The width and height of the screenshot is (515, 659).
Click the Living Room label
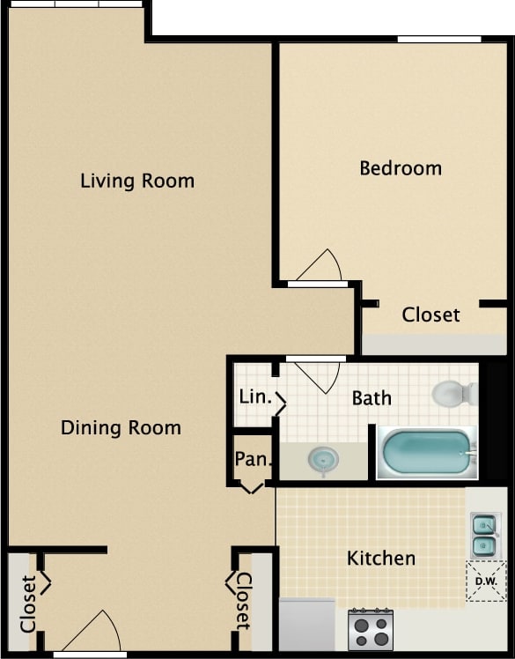[x=137, y=181]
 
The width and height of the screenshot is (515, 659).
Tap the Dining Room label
[x=121, y=428]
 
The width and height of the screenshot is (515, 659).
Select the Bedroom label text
[x=401, y=168]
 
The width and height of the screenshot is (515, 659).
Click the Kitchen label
[x=380, y=558]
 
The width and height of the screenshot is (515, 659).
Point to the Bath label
[x=372, y=398]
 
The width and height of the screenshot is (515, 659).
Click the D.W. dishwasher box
[x=486, y=581]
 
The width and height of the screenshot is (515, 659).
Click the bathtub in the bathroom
[x=427, y=452]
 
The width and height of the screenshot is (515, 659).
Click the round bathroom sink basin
[x=323, y=459]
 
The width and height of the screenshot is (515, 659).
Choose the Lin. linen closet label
[x=254, y=396]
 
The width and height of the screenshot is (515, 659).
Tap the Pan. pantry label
[x=252, y=459]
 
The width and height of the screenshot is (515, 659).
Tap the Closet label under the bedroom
[x=430, y=315]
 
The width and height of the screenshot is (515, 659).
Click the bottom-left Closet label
[x=28, y=603]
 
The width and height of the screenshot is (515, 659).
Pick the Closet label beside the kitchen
[x=243, y=602]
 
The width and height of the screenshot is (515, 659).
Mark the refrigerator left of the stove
[x=307, y=626]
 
